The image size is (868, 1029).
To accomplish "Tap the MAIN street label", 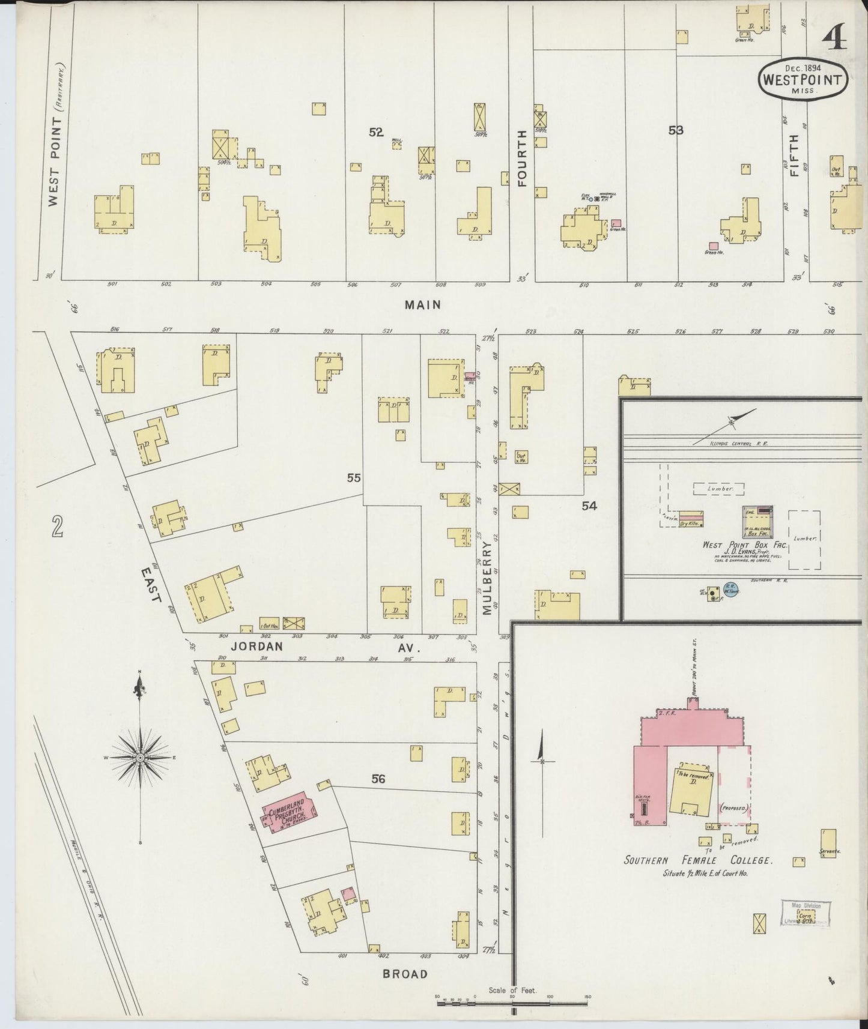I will point(423,305).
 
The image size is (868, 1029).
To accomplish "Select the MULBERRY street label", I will point(487,576).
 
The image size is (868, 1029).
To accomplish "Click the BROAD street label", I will point(405,974).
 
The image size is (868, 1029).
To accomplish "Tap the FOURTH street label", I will point(521,158).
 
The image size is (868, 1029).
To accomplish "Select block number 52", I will point(376,133).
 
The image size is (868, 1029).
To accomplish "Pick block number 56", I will point(378,779).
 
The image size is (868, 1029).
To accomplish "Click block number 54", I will point(589,506).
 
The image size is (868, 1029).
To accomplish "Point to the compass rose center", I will point(140,758).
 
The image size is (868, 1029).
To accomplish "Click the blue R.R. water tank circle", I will point(730,590).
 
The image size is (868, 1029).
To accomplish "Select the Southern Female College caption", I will point(697,860).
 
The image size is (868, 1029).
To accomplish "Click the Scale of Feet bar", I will point(512,1000).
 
